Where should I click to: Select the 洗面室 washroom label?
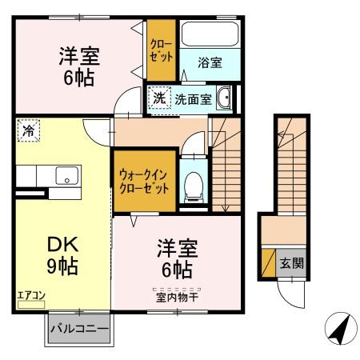(194, 100)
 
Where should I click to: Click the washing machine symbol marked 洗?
(158, 100)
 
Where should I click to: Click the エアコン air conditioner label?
(31, 296)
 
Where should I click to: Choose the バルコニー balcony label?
(79, 328)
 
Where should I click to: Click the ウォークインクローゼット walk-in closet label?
(143, 180)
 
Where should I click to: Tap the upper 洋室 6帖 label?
(78, 66)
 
